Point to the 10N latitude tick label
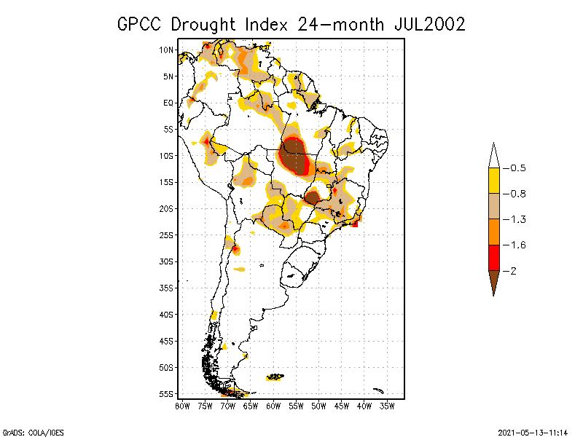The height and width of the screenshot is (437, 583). [167, 50]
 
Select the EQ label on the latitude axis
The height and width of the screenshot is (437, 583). [168, 103]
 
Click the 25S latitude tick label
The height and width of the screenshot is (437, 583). [167, 235]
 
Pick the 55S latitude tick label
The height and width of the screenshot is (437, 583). [167, 393]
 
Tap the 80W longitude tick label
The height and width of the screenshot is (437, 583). [182, 405]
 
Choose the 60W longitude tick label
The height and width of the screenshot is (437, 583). [273, 405]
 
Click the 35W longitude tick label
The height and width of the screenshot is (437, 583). [387, 405]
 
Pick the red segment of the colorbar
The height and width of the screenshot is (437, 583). [493, 257]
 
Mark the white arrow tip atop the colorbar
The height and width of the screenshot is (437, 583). [493, 157]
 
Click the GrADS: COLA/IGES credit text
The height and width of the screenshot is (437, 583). [33, 431]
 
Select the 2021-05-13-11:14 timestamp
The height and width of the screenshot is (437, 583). [533, 431]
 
